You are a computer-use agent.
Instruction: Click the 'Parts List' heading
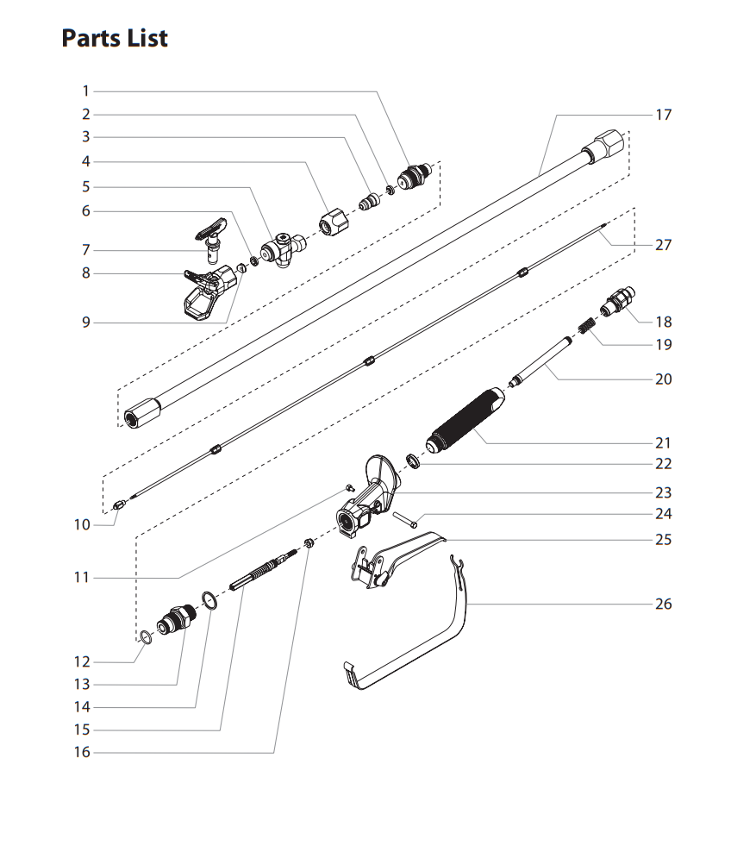tap(115, 39)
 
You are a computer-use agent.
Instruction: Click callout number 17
tap(663, 115)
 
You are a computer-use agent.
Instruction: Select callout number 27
tap(663, 245)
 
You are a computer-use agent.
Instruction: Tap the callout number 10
tap(81, 524)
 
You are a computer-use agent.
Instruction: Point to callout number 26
tap(663, 604)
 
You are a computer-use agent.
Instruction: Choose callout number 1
tap(85, 91)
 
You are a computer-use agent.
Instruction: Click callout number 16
tap(81, 753)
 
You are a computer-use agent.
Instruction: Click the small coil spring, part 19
tap(586, 329)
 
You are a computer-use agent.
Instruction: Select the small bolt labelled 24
tap(406, 519)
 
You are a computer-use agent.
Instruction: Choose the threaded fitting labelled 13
tap(177, 619)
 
